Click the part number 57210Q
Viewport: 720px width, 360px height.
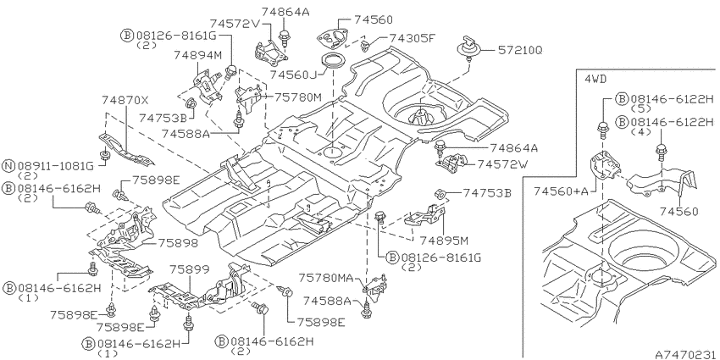tap(520, 50)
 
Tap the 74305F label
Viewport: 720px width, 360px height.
tap(412, 38)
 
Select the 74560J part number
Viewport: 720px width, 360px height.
tap(293, 74)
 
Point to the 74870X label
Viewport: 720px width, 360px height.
tap(125, 100)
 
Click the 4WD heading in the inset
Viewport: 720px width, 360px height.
tap(595, 79)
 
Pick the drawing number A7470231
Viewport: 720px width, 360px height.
tap(685, 354)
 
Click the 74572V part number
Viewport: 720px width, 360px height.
tap(235, 23)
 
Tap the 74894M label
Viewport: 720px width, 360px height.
tap(198, 55)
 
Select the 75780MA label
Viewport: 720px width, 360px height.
tap(326, 278)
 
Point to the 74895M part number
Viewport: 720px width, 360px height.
tap(444, 241)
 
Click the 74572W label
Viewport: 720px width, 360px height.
tap(503, 164)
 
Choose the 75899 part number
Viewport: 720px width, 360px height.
tap(189, 269)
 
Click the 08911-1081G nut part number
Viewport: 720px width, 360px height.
tap(56, 165)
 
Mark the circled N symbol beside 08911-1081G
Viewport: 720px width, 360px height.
tap(8, 165)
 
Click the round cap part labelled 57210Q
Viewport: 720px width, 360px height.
tap(470, 47)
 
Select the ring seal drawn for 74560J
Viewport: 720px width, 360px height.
tap(331, 61)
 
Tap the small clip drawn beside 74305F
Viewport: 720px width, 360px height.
tap(366, 45)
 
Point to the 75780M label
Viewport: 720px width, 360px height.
tap(298, 97)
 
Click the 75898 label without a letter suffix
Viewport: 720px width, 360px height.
tap(178, 243)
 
